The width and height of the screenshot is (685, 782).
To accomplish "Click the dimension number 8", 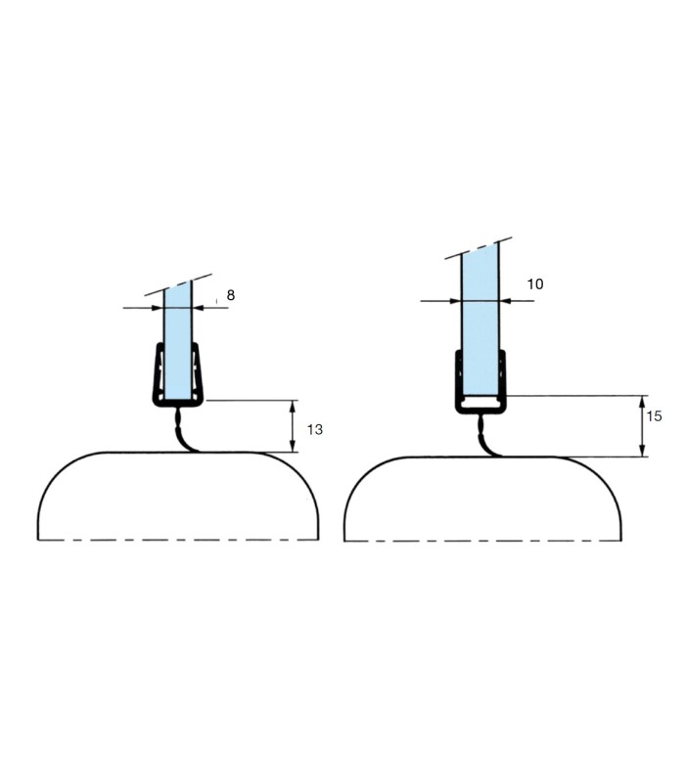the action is point(231,295).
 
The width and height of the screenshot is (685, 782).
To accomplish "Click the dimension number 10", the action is point(535,284).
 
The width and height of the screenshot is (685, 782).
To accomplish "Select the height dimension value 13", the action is point(315,429).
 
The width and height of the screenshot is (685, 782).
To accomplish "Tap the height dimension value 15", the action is point(654,416).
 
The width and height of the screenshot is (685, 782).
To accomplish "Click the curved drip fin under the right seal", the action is point(484,439).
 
